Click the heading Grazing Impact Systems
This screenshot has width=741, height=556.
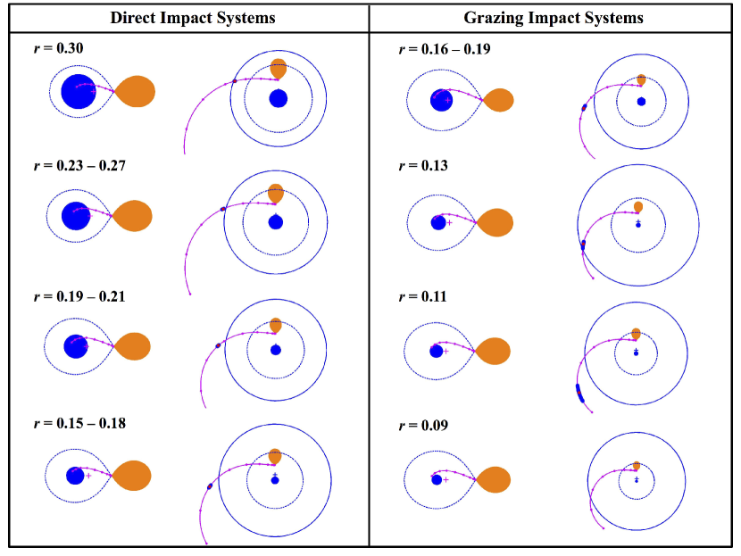click(554, 17)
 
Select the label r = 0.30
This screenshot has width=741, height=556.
click(59, 47)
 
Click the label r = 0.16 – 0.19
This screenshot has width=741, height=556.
click(443, 48)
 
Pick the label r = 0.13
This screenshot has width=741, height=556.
click(423, 165)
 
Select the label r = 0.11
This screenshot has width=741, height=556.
click(423, 296)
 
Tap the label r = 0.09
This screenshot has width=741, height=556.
click(423, 425)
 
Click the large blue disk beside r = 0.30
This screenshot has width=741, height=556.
click(78, 91)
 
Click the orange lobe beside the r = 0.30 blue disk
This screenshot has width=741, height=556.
click(136, 91)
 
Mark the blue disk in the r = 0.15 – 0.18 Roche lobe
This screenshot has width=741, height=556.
click(75, 476)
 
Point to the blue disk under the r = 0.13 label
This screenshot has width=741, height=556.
click(437, 222)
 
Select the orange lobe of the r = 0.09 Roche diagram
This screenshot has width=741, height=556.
click(494, 480)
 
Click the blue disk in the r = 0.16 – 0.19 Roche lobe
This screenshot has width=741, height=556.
click(441, 100)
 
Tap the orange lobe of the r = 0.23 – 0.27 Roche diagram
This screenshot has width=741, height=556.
click(133, 216)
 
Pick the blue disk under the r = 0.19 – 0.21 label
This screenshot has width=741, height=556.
click(76, 344)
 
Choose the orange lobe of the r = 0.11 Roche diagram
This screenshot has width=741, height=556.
click(493, 351)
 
